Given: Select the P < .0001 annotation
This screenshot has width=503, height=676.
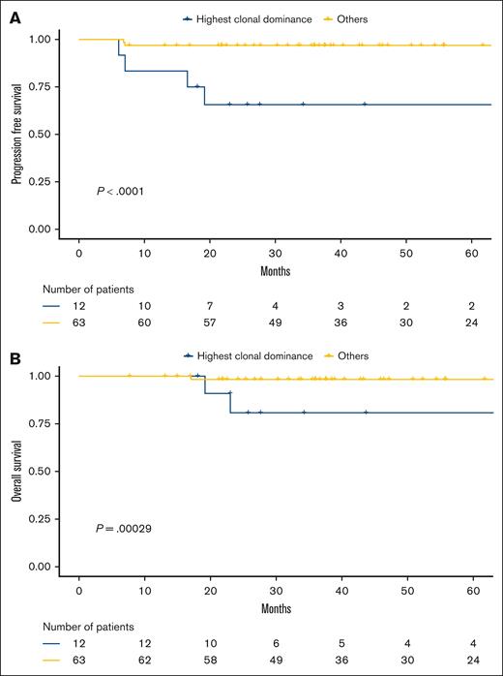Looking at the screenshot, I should click(x=118, y=191).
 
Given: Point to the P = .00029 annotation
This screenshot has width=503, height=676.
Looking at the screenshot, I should click(x=122, y=528).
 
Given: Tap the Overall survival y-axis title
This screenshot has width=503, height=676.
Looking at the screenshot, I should click(x=16, y=471).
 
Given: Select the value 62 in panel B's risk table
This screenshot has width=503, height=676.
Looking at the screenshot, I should click(x=144, y=661).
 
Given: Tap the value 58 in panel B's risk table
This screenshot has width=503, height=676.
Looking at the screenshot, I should click(x=210, y=661).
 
